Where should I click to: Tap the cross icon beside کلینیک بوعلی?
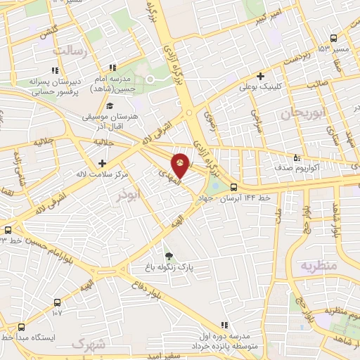tap(261, 76)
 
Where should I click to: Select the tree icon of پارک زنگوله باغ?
tap(168, 255)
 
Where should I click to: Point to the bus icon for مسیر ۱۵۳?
tap(333, 39)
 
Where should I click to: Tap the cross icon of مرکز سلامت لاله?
tap(103, 163)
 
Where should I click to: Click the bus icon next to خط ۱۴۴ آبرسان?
tap(233, 187)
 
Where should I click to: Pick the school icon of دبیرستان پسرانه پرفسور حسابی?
tap(54, 70)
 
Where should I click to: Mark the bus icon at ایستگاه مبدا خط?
tap(22, 327)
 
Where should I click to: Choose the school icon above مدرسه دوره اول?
tap(224, 325)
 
